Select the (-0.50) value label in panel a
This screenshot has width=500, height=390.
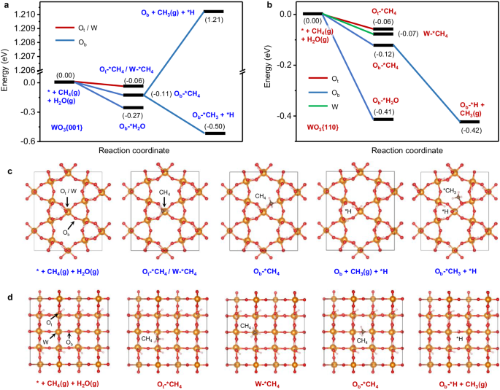[x=215, y=124]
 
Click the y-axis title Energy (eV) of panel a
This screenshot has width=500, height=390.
[x=7, y=73]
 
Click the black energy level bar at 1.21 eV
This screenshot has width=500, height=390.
[x=213, y=12]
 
